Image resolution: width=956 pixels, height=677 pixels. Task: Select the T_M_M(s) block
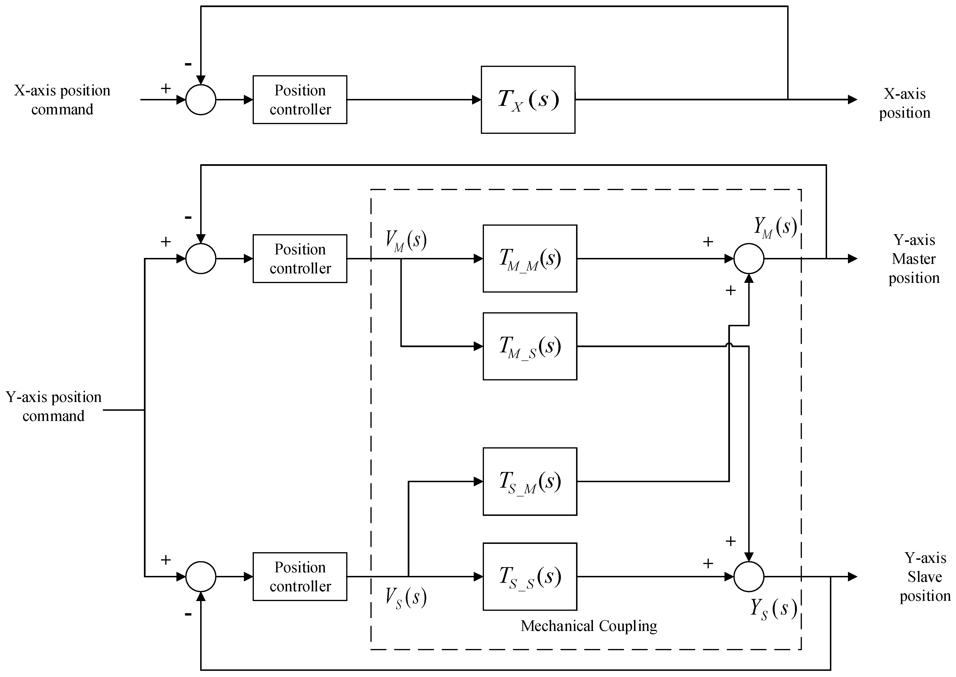[530, 258]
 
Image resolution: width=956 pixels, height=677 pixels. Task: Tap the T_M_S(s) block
[530, 346]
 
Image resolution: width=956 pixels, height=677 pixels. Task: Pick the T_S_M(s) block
[530, 481]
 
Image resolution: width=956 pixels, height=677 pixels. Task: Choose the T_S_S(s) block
[530, 577]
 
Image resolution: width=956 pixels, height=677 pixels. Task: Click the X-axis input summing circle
[201, 100]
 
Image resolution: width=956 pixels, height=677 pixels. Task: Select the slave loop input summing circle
[201, 577]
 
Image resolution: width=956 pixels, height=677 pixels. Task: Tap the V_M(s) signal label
[405, 241]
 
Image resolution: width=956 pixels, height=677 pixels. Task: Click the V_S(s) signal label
[405, 597]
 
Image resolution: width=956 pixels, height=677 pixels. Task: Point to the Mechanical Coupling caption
[588, 626]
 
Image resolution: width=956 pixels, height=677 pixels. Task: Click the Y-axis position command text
[53, 406]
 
